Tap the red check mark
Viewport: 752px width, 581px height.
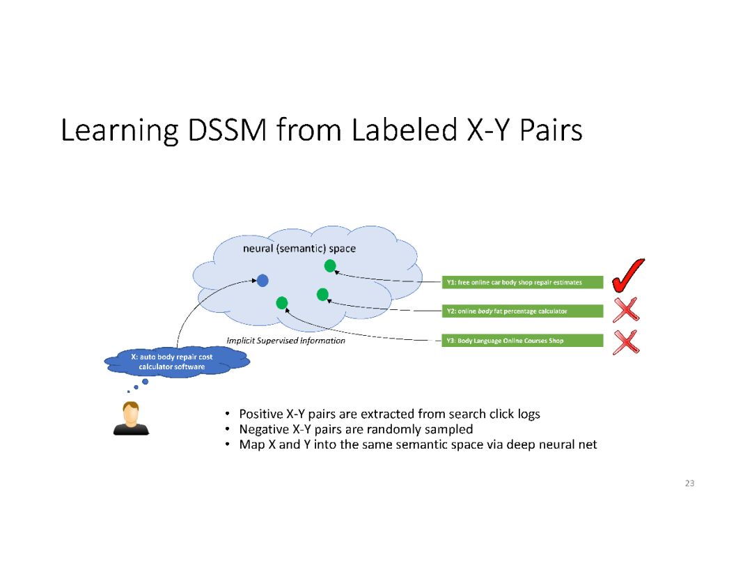tap(627, 276)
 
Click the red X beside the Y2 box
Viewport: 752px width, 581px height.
tap(626, 310)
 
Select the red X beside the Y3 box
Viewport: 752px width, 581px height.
tap(627, 341)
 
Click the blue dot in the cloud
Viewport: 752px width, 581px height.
tap(263, 281)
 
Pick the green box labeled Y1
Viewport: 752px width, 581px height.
tap(523, 282)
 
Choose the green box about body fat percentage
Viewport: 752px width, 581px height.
tap(523, 311)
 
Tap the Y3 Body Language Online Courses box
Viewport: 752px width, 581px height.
tap(523, 341)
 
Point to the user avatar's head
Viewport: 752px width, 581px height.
tap(130, 412)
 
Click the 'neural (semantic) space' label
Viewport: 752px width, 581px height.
tap(299, 249)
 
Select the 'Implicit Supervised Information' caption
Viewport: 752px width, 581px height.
tap(286, 341)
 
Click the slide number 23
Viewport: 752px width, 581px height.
tap(689, 483)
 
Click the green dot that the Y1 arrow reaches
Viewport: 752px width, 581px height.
tap(330, 265)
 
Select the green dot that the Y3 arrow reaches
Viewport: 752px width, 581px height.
tap(282, 302)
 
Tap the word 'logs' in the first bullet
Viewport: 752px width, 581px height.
tap(527, 414)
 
